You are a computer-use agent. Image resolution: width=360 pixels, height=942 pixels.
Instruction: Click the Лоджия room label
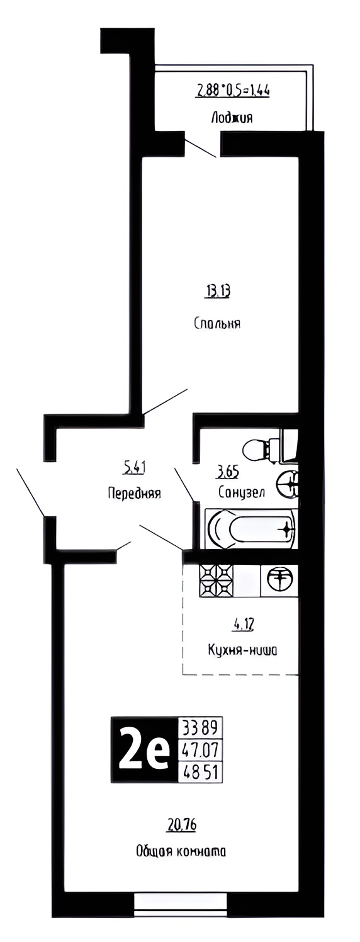click(x=232, y=117)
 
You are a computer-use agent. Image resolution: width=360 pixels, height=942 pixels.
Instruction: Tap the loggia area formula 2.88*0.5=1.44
click(x=233, y=90)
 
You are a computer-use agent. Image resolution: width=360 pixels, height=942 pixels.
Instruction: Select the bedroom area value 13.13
click(x=217, y=291)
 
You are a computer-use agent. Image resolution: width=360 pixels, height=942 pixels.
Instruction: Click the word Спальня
click(x=217, y=324)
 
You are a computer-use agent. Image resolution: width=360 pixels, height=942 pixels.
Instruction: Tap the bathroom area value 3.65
click(x=227, y=472)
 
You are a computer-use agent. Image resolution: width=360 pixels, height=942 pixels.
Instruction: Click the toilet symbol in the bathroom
click(x=270, y=446)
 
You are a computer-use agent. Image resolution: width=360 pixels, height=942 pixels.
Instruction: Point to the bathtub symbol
click(x=252, y=529)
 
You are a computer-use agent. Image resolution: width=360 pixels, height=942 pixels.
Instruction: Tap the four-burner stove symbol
click(x=216, y=581)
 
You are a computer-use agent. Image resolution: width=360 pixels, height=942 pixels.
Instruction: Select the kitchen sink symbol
click(x=279, y=581)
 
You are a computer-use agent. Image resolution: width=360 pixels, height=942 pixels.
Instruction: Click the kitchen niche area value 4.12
click(x=241, y=626)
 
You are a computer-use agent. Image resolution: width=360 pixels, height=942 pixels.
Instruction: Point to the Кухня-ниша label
click(x=242, y=650)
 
